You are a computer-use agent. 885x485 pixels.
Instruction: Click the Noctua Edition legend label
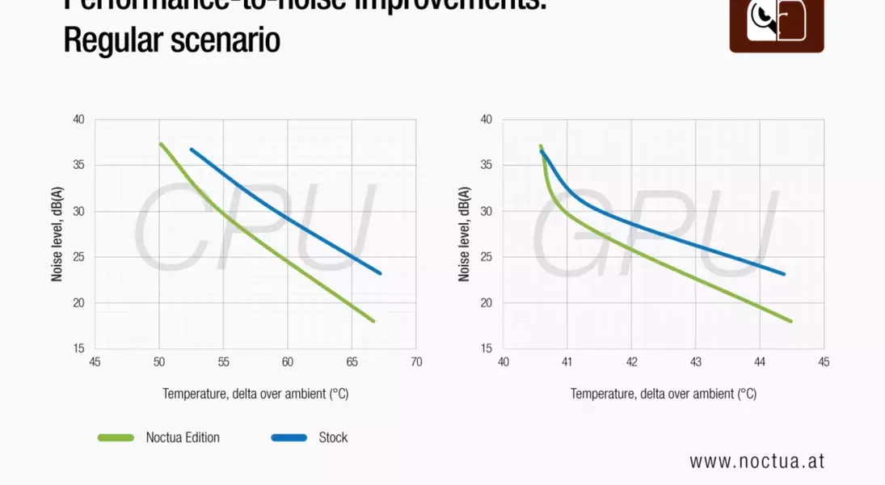pyautogui.click(x=183, y=437)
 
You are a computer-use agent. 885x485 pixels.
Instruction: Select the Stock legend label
pyautogui.click(x=333, y=437)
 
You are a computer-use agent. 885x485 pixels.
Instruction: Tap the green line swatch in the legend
pyautogui.click(x=116, y=437)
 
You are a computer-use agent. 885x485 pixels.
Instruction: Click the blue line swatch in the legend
pyautogui.click(x=289, y=437)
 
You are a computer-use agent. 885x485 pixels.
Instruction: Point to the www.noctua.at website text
pyautogui.click(x=756, y=461)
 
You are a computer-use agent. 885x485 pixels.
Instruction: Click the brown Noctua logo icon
pyautogui.click(x=776, y=24)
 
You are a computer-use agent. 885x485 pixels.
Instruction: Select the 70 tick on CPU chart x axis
pyautogui.click(x=415, y=362)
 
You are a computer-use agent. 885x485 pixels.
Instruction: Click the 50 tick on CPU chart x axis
pyautogui.click(x=159, y=362)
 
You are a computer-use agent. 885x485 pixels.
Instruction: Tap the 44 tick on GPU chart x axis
pyautogui.click(x=759, y=362)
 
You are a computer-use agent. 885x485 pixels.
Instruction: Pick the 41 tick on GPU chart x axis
pyautogui.click(x=567, y=362)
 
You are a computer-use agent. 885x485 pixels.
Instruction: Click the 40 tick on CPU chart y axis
pyautogui.click(x=78, y=120)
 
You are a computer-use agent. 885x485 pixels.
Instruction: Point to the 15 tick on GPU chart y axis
pyautogui.click(x=486, y=349)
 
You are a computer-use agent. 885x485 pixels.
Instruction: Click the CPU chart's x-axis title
pyautogui.click(x=255, y=394)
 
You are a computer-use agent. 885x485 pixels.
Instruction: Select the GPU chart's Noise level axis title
pyautogui.click(x=464, y=234)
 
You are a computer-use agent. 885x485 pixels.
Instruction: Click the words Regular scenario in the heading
pyautogui.click(x=171, y=40)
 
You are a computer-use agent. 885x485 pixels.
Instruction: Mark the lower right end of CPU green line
pyautogui.click(x=373, y=321)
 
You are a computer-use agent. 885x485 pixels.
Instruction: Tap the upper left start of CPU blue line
pyautogui.click(x=192, y=149)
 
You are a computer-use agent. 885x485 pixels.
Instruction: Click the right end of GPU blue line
pyautogui.click(x=783, y=274)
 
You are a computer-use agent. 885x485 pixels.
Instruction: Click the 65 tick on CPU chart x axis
pyautogui.click(x=352, y=362)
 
